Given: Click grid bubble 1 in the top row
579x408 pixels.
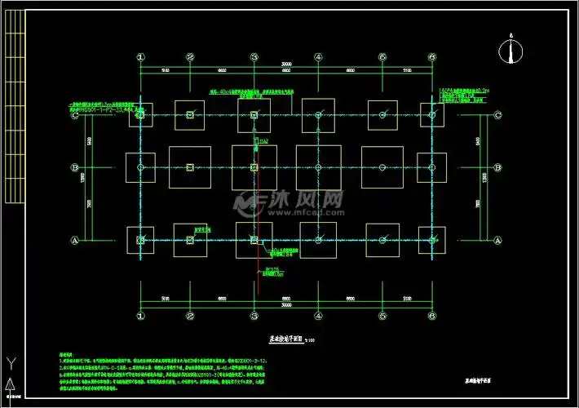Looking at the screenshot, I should click(x=140, y=57).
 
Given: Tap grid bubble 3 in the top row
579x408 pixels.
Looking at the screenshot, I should click(x=254, y=57).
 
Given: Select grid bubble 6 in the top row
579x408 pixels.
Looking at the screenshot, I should click(x=432, y=57).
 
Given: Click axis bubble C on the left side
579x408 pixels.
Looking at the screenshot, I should click(x=75, y=116).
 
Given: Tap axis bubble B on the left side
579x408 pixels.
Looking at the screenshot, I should click(x=75, y=167).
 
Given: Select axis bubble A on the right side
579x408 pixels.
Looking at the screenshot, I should click(x=497, y=240).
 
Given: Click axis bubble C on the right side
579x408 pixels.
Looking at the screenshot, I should click(x=497, y=116).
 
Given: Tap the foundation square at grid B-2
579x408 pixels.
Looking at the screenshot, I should click(x=190, y=167).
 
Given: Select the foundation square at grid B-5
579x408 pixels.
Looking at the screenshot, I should click(x=382, y=167).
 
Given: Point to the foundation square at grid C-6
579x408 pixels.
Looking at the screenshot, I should click(x=432, y=114).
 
